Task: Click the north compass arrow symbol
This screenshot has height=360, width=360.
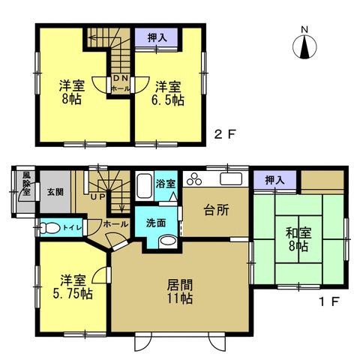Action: [304, 46]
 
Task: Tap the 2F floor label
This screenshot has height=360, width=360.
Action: [225, 135]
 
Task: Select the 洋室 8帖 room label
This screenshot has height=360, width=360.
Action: [72, 92]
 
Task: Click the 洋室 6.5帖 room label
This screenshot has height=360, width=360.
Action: [169, 92]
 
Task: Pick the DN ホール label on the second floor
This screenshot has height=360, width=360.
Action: [120, 82]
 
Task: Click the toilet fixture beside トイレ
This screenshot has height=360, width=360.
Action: [49, 227]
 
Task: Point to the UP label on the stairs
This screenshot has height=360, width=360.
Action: [97, 196]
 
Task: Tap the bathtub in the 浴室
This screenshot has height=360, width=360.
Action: [145, 185]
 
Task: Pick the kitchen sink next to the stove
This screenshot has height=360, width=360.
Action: [229, 178]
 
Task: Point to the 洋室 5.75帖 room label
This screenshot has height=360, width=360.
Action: [72, 287]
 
